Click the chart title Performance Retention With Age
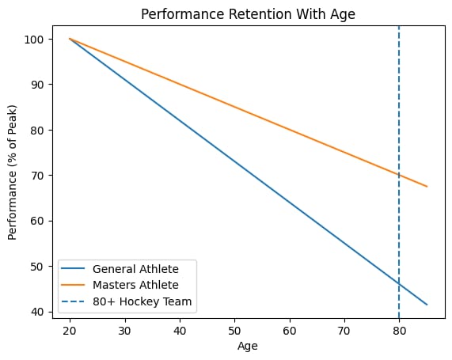[x=248, y=14]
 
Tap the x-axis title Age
[x=248, y=346]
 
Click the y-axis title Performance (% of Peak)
[x=12, y=172]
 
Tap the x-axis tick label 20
[x=70, y=331]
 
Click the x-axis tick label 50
[x=234, y=331]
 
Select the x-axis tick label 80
[x=399, y=331]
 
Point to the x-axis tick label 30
[x=124, y=331]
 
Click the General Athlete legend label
[x=135, y=269]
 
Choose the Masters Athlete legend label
[x=135, y=285]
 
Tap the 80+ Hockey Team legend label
[x=142, y=301]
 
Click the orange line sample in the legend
[x=73, y=285]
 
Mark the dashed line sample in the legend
[x=73, y=301]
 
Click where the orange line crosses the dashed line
[x=399, y=175]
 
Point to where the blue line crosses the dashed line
[x=399, y=284]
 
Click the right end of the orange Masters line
[x=427, y=187]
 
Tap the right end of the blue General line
[x=427, y=305]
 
